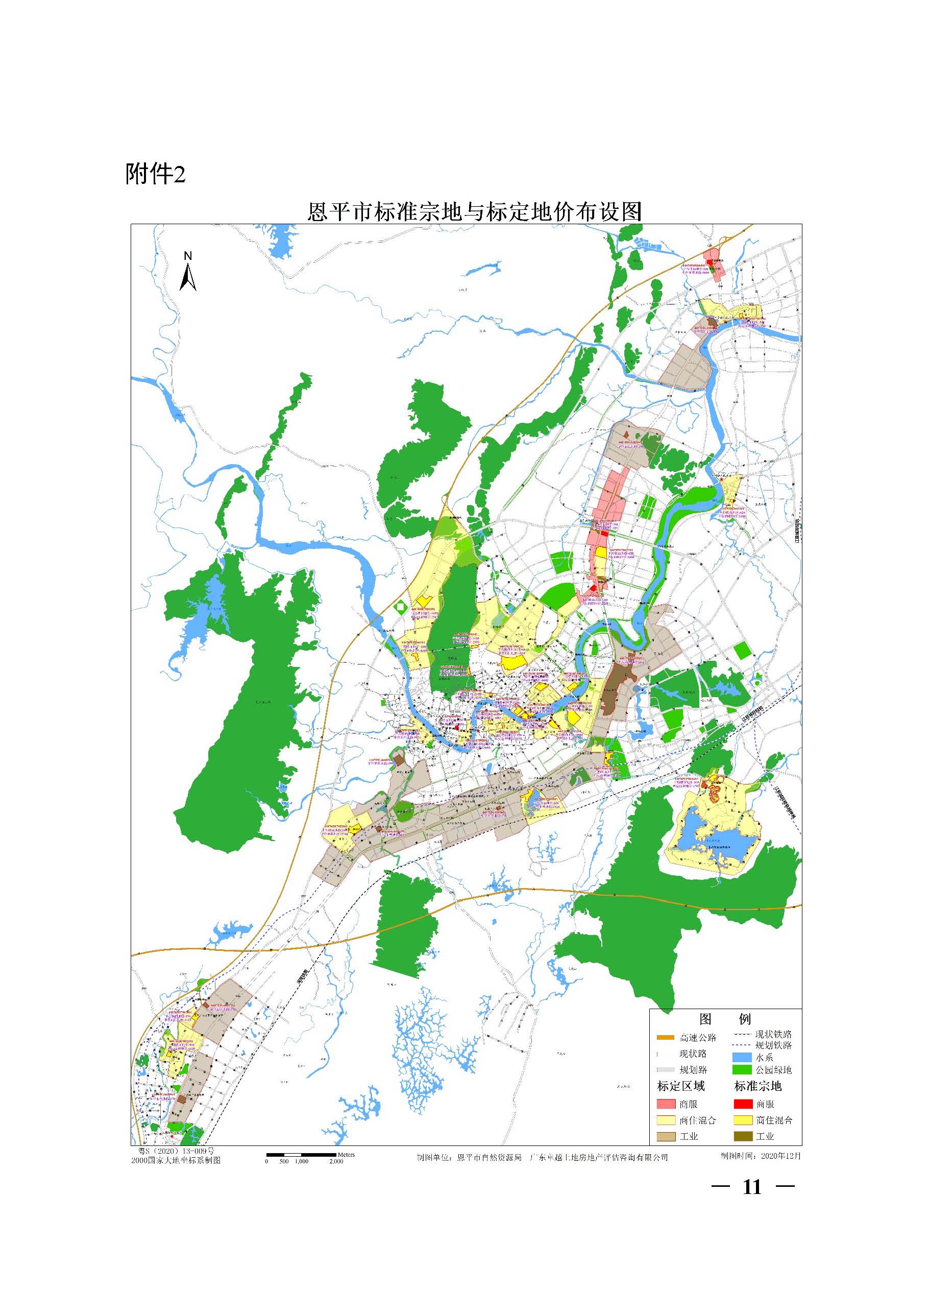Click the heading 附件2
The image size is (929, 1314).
tap(156, 174)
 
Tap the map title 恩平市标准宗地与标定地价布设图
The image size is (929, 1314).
tap(474, 212)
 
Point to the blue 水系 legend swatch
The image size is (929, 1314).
tap(741, 1058)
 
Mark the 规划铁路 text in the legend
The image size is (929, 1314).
tap(773, 1045)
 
